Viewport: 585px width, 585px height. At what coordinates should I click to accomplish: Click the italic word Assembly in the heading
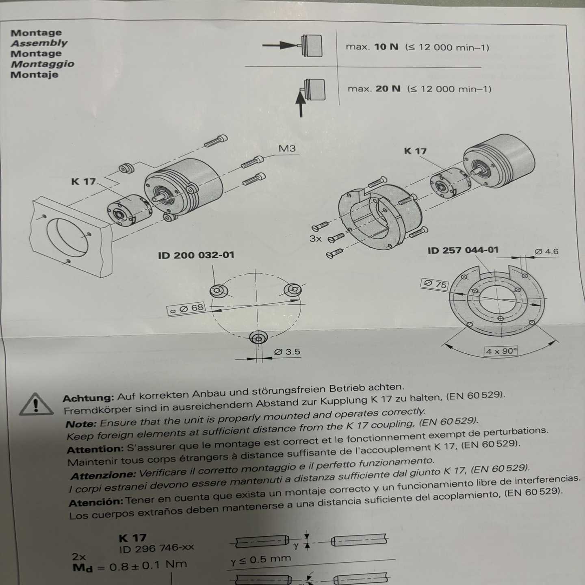(39, 43)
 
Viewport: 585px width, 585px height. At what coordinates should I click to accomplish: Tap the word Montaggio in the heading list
(43, 64)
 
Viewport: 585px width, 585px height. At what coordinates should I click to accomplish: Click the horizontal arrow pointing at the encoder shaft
(280, 45)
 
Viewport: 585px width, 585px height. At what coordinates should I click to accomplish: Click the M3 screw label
(287, 149)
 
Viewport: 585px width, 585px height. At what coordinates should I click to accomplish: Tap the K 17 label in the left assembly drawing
(83, 182)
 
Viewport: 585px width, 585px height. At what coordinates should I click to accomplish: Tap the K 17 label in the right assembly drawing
(415, 151)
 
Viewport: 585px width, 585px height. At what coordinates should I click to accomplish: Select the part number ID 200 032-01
(196, 255)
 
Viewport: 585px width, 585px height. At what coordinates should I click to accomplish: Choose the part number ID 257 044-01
(463, 250)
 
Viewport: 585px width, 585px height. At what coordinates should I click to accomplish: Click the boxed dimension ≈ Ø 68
(186, 308)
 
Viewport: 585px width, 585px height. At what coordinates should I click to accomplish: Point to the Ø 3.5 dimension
(287, 352)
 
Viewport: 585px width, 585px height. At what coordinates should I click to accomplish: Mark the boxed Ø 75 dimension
(435, 284)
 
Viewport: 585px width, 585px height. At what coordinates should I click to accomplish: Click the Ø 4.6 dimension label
(546, 252)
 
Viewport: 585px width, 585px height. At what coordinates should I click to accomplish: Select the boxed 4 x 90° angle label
(501, 351)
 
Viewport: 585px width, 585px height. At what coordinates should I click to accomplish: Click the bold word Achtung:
(89, 398)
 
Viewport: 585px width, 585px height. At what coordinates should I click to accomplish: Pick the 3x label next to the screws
(316, 239)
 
